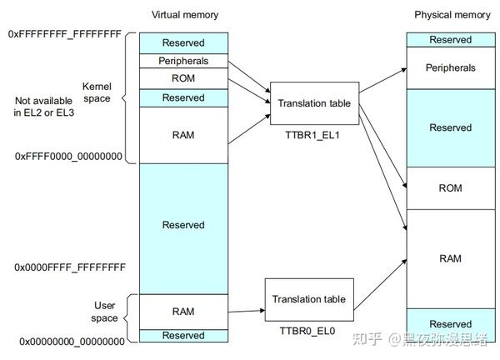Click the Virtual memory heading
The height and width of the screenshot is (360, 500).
(x=183, y=15)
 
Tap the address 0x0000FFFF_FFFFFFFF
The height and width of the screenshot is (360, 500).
(x=70, y=267)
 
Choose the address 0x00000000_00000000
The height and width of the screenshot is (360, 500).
(x=72, y=342)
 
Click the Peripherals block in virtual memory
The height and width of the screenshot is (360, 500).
(x=183, y=61)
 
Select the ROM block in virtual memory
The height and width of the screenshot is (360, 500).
(x=183, y=78)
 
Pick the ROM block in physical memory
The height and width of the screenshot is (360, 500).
(x=450, y=188)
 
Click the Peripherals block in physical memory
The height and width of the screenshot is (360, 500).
(x=450, y=67)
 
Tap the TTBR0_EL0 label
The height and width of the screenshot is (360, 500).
(x=307, y=330)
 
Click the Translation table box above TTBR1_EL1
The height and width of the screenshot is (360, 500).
(x=314, y=103)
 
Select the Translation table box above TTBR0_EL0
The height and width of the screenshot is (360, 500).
(x=307, y=299)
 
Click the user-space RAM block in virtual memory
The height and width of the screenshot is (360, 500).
(x=183, y=312)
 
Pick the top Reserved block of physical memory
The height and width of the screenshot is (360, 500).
(x=450, y=40)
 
